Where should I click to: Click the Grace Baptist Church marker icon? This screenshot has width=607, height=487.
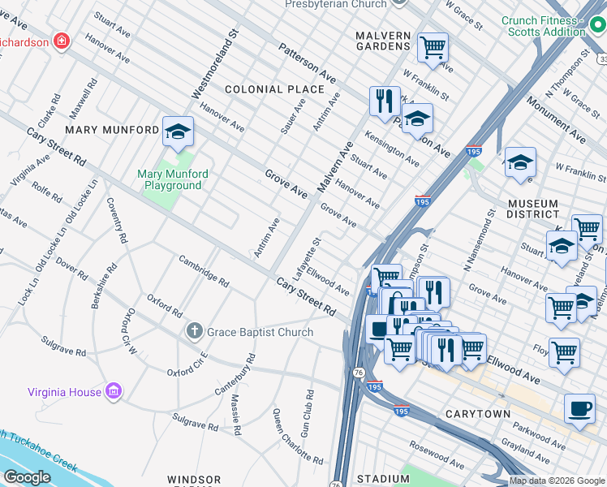click(194, 331)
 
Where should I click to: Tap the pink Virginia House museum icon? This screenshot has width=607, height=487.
click(114, 392)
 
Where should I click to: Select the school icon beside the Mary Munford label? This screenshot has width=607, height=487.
click(178, 131)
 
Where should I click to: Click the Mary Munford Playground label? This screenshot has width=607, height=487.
click(172, 179)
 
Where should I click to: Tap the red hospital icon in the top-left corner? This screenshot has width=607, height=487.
click(60, 40)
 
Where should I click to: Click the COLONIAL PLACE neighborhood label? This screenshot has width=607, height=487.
click(274, 89)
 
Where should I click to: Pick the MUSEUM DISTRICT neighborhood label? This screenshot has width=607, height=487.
click(532, 209)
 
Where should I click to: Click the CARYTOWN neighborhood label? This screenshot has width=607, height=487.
click(478, 414)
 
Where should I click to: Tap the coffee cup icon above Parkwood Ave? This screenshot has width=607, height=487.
click(579, 407)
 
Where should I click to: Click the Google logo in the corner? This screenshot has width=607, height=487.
click(27, 477)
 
